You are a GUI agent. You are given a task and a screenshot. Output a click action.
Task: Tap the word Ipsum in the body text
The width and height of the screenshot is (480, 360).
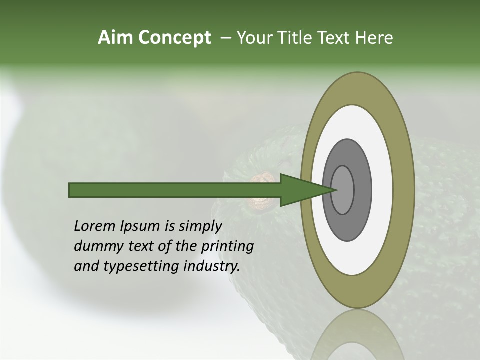pyautogui.click(x=140, y=227)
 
